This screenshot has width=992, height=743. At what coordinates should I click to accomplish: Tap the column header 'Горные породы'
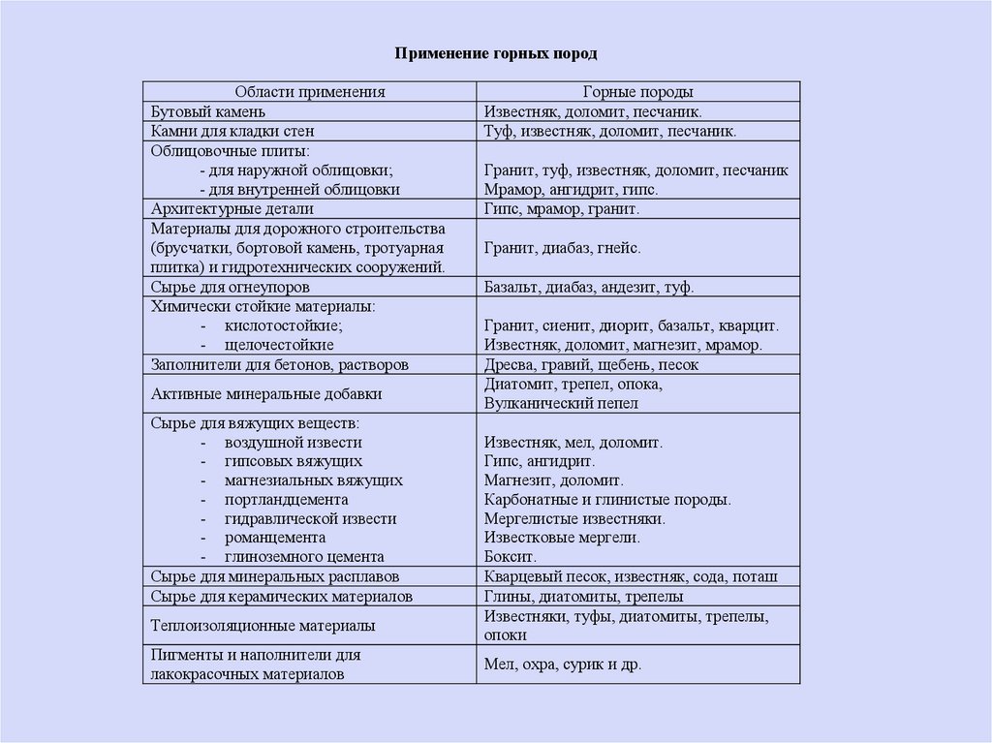tap(637, 92)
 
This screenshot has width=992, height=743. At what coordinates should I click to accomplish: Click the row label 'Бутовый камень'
tap(201, 111)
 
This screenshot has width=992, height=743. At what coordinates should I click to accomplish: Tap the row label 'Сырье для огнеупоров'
tap(231, 287)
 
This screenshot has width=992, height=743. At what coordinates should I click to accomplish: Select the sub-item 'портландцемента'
tap(286, 500)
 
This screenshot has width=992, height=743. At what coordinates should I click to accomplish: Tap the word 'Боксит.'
tap(510, 557)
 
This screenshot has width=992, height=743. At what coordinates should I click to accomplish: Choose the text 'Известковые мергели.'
tap(562, 538)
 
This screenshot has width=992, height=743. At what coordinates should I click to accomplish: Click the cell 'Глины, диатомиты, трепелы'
tap(583, 596)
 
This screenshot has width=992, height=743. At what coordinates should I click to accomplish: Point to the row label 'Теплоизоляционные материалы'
tap(263, 626)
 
